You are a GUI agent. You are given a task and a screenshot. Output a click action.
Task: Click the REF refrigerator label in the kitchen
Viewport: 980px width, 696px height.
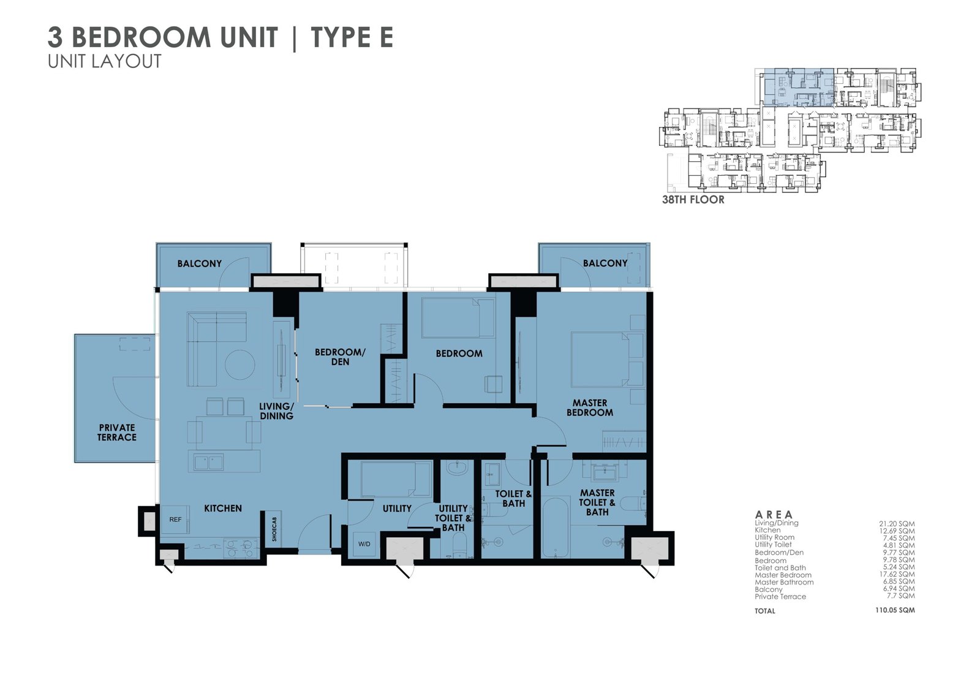pos(175,520)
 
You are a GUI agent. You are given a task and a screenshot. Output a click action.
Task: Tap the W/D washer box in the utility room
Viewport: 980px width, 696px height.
pos(364,544)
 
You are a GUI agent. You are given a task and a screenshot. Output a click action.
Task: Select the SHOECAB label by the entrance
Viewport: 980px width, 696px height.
pos(274,529)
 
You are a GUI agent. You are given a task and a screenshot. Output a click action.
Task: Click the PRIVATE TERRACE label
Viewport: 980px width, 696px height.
pos(117,433)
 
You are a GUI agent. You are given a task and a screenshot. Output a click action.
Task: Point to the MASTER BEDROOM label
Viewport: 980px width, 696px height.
pos(590,407)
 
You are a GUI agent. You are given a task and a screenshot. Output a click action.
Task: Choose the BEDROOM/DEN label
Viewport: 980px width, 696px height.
pos(340,357)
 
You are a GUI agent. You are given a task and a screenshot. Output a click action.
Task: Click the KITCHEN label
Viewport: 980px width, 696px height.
pos(223,508)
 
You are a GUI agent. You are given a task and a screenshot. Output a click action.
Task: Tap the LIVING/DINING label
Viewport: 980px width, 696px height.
pos(276,411)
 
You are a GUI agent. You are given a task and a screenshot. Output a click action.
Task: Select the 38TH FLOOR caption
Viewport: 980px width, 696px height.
pos(693,200)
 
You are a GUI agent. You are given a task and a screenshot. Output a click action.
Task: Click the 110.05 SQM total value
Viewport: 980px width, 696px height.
pos(895,610)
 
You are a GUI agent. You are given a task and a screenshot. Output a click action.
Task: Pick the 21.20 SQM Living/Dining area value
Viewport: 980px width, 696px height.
pos(897,524)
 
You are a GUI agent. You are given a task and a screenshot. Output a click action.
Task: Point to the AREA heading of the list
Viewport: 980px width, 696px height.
pos(774,515)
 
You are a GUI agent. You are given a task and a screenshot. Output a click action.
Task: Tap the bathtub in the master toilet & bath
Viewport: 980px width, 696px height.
pos(556,527)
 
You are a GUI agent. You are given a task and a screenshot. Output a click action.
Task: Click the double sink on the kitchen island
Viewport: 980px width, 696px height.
pos(209,462)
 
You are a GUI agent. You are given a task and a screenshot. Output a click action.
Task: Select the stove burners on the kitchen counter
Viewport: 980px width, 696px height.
pos(240,548)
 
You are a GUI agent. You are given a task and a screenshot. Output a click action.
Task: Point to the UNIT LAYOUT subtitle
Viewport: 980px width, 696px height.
pos(105,61)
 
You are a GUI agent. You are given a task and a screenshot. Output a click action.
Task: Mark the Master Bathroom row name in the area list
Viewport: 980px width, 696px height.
pos(784,582)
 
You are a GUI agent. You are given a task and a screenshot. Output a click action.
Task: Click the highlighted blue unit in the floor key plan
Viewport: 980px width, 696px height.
pos(799,88)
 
